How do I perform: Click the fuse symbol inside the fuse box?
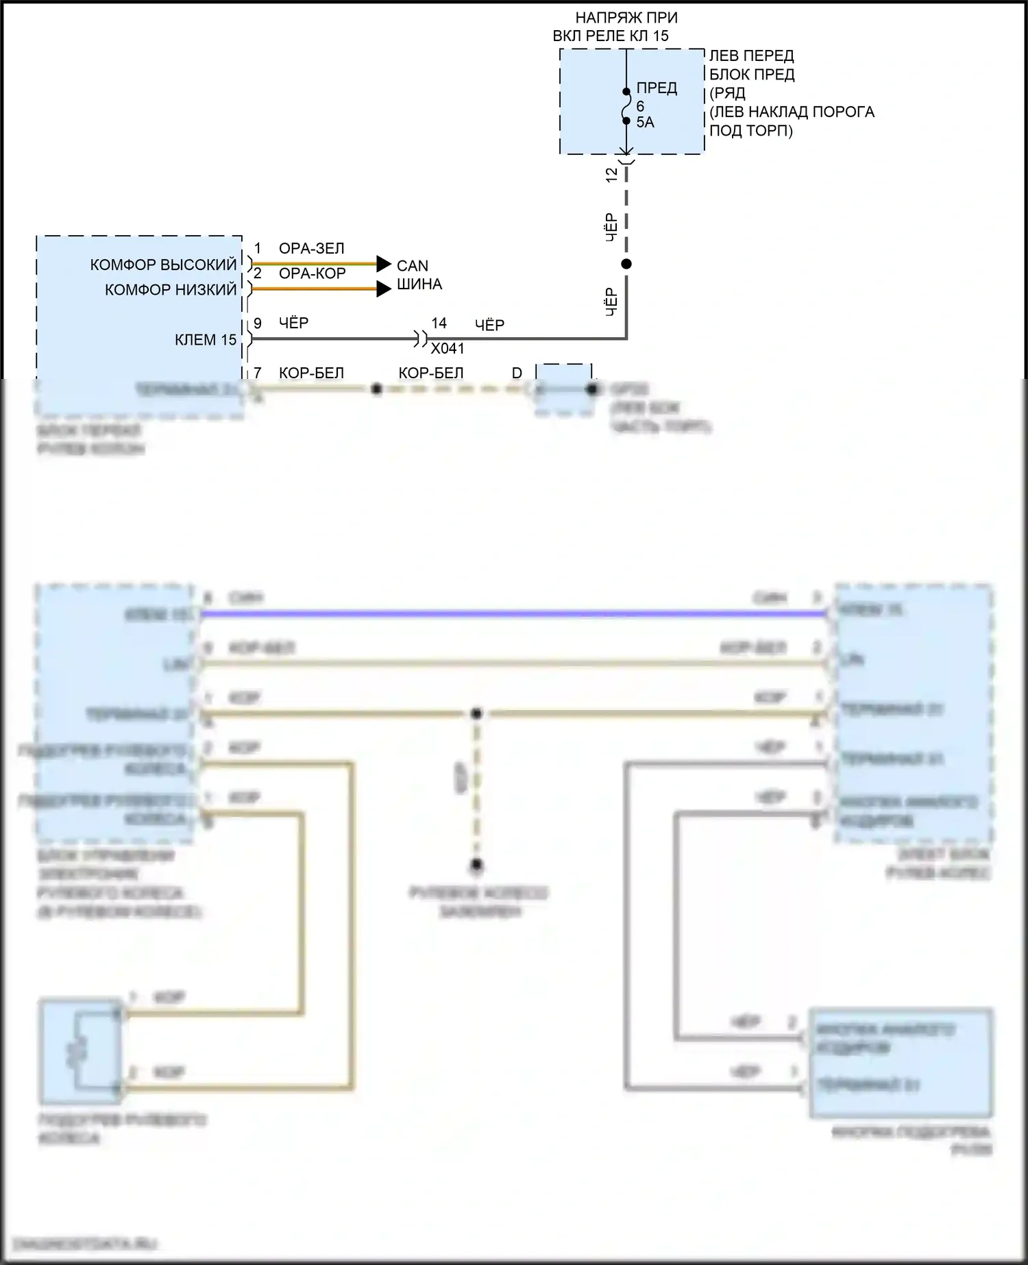point(626,106)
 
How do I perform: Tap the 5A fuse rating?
point(645,123)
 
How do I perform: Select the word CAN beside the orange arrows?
point(413,266)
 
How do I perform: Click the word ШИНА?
point(419,284)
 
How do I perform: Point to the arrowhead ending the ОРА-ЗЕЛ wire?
point(384,264)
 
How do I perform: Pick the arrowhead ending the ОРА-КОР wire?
point(384,289)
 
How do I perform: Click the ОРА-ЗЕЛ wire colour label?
point(311,249)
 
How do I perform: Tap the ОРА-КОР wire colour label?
point(312,273)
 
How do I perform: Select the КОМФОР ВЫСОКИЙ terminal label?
point(163,265)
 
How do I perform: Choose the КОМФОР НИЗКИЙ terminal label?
point(171,290)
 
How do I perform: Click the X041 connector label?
point(448,349)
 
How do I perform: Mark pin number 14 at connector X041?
point(439,323)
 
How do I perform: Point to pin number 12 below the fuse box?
point(612,175)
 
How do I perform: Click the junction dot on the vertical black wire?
point(626,264)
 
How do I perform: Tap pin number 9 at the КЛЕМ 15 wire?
point(258,323)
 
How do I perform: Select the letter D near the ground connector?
point(517,373)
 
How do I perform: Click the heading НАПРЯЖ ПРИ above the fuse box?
point(626,18)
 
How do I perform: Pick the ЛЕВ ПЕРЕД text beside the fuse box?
point(751,56)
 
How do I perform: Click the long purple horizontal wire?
point(514,614)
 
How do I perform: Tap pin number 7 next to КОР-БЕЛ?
point(258,373)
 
